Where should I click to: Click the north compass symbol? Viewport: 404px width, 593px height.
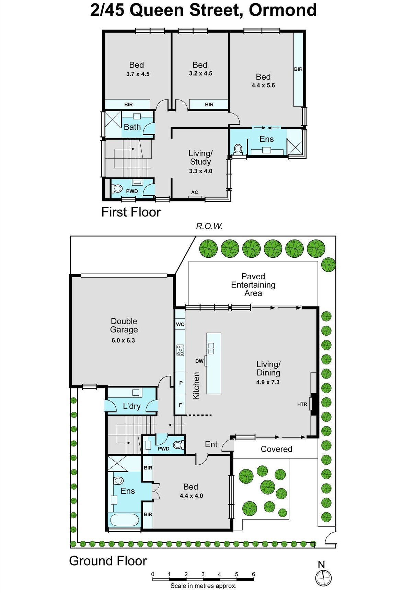point(323,578)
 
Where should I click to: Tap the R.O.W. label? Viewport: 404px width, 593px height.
point(209,226)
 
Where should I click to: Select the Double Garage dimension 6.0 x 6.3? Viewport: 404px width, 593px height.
point(123,340)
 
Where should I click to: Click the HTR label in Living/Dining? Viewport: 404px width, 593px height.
point(302,404)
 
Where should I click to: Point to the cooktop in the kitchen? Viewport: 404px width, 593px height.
point(180,350)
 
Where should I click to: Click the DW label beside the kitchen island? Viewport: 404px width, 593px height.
point(199,361)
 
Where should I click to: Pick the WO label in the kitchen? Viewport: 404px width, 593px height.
point(180,324)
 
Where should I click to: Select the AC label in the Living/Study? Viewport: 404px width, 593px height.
point(195,192)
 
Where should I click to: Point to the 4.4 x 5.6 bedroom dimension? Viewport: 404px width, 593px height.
point(263,85)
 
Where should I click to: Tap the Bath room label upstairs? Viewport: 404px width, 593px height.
point(132,127)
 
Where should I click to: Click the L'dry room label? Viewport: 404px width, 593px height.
point(132,406)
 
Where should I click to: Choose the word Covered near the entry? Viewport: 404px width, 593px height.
point(276,449)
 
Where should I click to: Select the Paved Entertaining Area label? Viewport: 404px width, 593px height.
point(253,285)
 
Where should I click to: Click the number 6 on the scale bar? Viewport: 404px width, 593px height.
point(253,574)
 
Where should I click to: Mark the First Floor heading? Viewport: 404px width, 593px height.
point(131,212)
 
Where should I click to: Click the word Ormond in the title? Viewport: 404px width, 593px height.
point(282,10)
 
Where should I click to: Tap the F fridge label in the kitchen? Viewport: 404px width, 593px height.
point(180,405)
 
